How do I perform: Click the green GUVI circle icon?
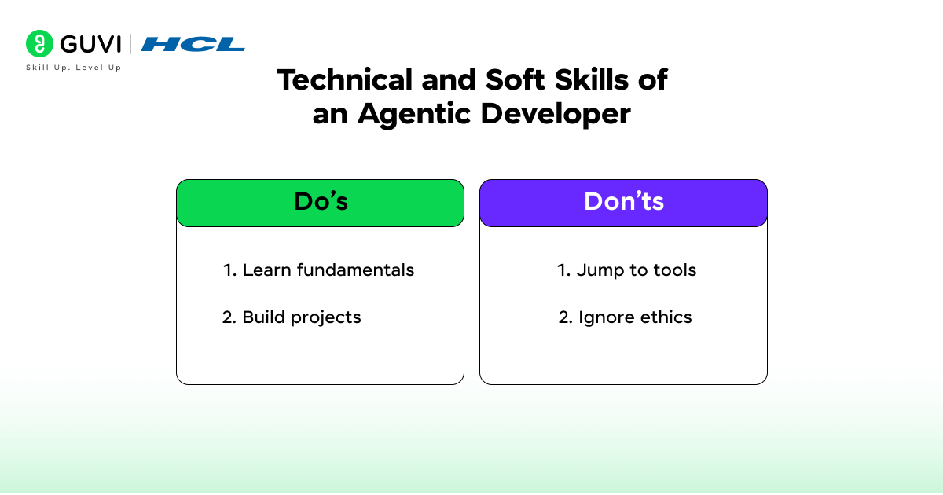pyautogui.click(x=39, y=44)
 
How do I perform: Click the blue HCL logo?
pyautogui.click(x=193, y=44)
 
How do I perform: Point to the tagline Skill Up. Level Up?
pyautogui.click(x=74, y=68)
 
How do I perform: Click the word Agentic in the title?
pyautogui.click(x=413, y=115)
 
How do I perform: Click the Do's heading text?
pyautogui.click(x=321, y=202)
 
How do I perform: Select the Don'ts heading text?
pyautogui.click(x=624, y=202)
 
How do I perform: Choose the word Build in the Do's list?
pyautogui.click(x=263, y=317)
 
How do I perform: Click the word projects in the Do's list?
pyautogui.click(x=325, y=318)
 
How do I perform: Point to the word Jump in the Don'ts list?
pyautogui.click(x=600, y=270)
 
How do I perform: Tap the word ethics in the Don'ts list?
pyautogui.click(x=665, y=317)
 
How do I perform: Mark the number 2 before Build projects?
pyautogui.click(x=228, y=317)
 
